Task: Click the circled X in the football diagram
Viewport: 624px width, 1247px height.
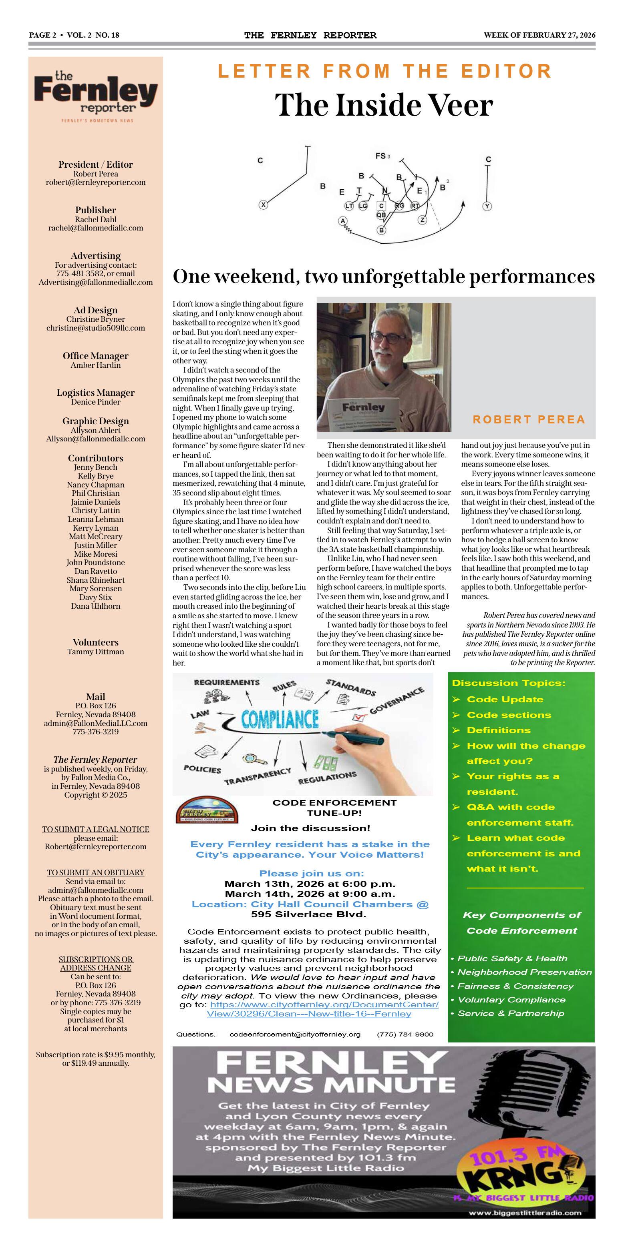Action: point(263,205)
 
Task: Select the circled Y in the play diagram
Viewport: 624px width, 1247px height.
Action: point(487,206)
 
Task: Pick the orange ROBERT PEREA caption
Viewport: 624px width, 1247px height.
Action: point(529,419)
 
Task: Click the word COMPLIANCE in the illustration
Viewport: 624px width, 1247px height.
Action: point(280,720)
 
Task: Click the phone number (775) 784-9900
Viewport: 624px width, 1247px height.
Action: point(405,1034)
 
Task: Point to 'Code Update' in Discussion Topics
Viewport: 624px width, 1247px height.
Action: point(505,699)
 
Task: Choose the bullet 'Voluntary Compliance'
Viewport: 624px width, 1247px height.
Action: point(511,999)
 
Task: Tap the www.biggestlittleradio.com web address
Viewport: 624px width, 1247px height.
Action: point(525,1212)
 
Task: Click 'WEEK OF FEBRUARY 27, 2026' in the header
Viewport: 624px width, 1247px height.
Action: point(539,35)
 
